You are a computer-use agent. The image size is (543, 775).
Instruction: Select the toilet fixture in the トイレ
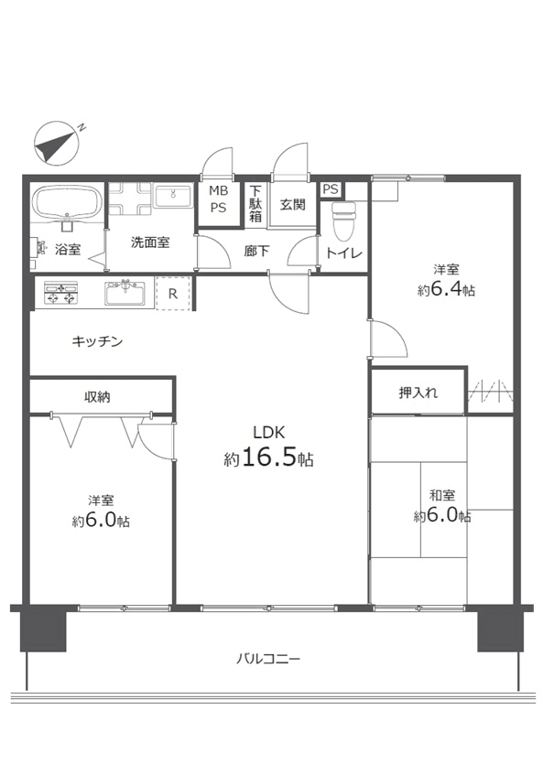[x=343, y=221]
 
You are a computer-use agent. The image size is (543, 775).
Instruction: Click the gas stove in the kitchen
[x=60, y=293]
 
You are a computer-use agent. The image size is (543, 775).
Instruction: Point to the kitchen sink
[x=125, y=292]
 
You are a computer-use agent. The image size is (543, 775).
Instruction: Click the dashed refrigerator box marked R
[x=173, y=294]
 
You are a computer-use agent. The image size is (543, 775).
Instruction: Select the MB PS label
[x=218, y=199]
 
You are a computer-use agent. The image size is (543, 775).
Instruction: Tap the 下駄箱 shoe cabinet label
[x=255, y=203]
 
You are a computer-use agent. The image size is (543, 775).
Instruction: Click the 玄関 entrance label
[x=293, y=204]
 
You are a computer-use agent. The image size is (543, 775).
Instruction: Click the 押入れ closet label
[x=418, y=393]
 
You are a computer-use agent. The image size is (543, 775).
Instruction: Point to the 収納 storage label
[x=97, y=396]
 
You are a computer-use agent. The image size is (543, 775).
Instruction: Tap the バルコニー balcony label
[x=268, y=659]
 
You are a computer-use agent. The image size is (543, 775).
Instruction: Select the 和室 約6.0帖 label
[x=442, y=506]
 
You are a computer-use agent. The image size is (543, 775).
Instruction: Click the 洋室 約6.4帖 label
[x=446, y=280]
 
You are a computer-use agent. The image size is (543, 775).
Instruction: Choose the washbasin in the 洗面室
[x=173, y=196]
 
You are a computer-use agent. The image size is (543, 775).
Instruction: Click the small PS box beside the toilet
[x=331, y=189]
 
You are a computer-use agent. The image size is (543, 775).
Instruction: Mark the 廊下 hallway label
[x=256, y=251]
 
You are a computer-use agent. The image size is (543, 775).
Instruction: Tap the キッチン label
[x=97, y=341]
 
